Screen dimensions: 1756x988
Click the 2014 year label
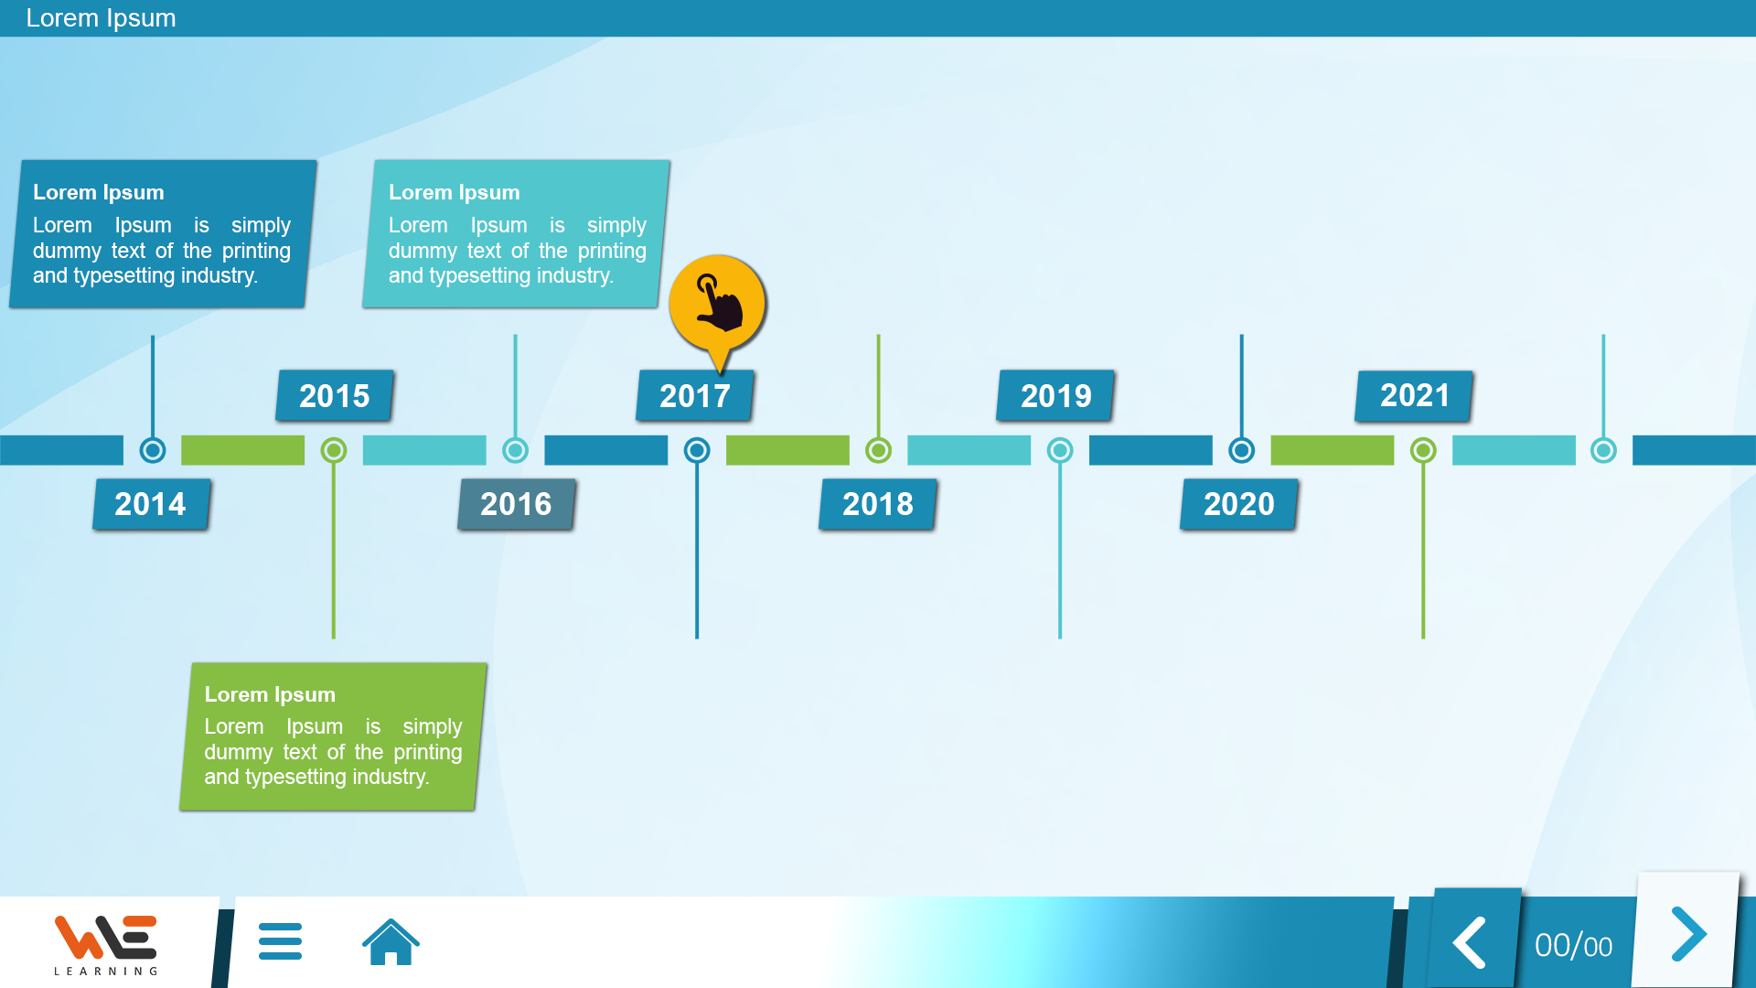tap(151, 504)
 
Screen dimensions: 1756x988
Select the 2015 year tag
tap(335, 396)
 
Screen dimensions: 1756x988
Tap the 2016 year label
tap(517, 504)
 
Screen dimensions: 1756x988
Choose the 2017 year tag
tap(695, 396)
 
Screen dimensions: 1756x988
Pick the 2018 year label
tap(878, 504)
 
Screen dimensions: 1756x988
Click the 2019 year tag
tap(1055, 396)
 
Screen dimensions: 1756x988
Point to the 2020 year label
tap(1239, 504)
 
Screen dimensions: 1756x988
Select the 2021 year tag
tap(1414, 396)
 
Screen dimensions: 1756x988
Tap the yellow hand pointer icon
tap(718, 306)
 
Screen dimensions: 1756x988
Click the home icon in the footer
tap(391, 941)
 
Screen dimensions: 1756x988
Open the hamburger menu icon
tap(280, 941)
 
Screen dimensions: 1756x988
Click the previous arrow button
tap(1471, 942)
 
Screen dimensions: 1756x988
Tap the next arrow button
tap(1687, 934)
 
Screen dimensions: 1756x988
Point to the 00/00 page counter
tap(1573, 946)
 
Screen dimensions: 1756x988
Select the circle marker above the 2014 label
tap(153, 450)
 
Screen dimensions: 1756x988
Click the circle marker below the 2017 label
tap(697, 450)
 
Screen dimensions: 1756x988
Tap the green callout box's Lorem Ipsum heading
tap(270, 694)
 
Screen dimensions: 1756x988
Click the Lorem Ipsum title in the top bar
tap(101, 18)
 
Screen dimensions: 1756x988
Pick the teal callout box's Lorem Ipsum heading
tap(455, 192)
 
